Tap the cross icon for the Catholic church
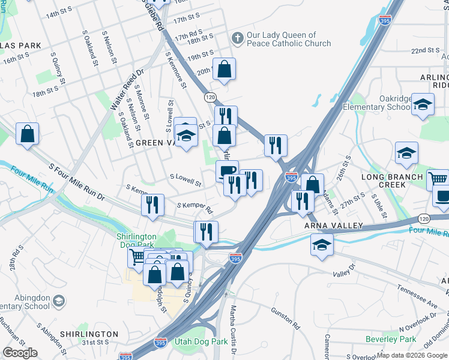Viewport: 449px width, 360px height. click(238, 38)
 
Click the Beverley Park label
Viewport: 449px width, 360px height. click(391, 339)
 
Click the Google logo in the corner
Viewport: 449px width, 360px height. click(20, 353)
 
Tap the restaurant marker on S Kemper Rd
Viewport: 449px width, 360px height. click(153, 205)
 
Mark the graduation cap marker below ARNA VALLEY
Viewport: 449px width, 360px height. click(322, 245)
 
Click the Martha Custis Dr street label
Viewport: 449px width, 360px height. click(234, 329)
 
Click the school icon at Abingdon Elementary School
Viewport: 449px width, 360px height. click(59, 300)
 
